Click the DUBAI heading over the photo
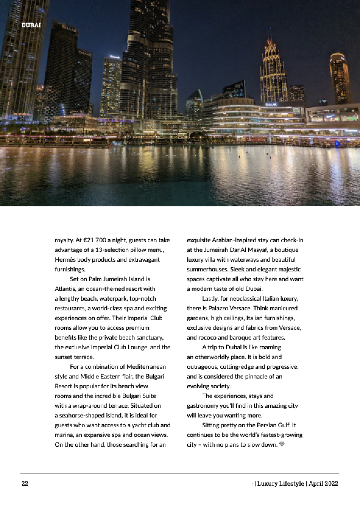[31, 25]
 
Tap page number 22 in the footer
[25, 484]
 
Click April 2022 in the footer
[323, 484]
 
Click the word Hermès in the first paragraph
[65, 260]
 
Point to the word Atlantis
[65, 289]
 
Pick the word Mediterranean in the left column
[146, 367]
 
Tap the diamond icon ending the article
[282, 444]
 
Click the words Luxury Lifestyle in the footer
[281, 484]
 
